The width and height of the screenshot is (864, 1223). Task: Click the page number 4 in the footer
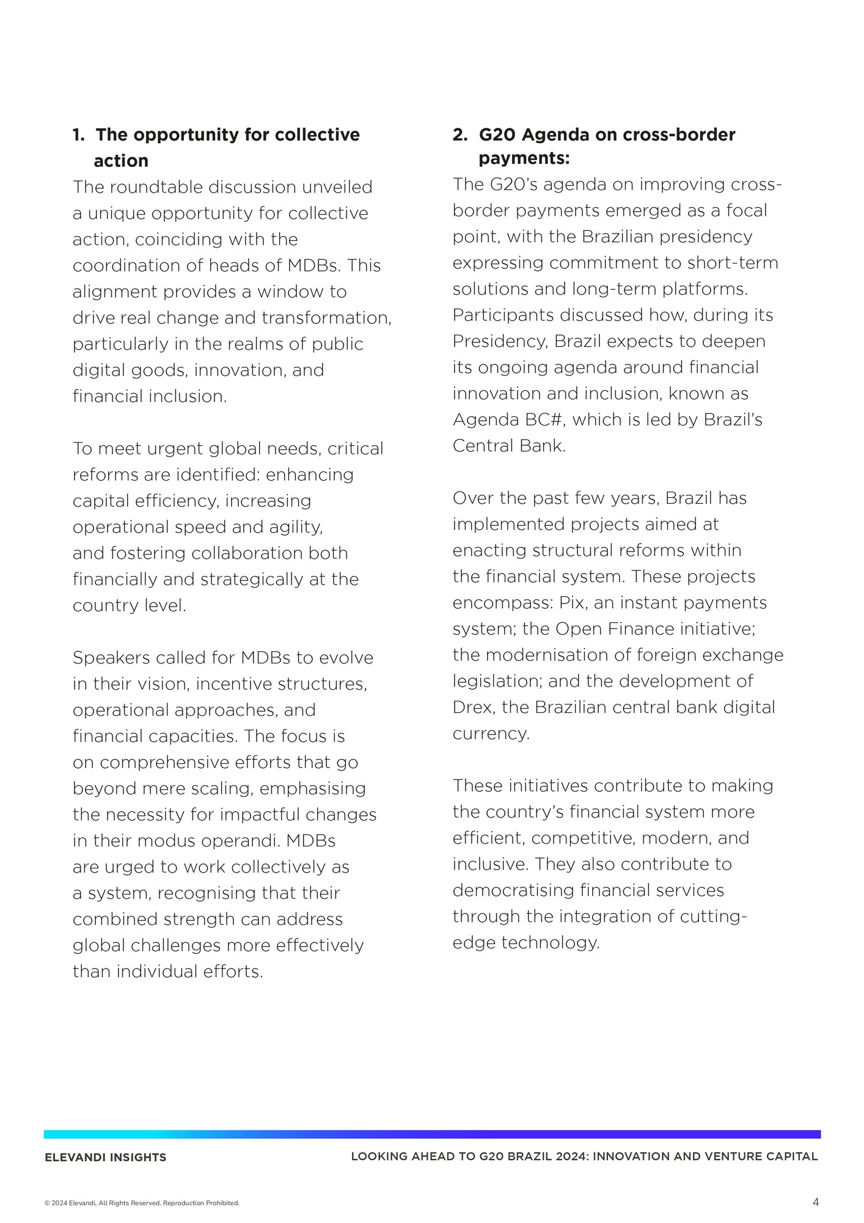(x=816, y=1202)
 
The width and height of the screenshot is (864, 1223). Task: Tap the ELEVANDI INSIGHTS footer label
(x=105, y=1157)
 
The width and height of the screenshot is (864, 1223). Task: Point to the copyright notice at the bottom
(x=142, y=1203)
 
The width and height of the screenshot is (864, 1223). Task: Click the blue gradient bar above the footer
(x=432, y=1134)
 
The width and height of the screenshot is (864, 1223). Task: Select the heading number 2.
(x=459, y=135)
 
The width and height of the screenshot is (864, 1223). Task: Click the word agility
(x=299, y=527)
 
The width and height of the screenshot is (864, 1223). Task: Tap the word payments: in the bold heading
(x=524, y=158)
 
